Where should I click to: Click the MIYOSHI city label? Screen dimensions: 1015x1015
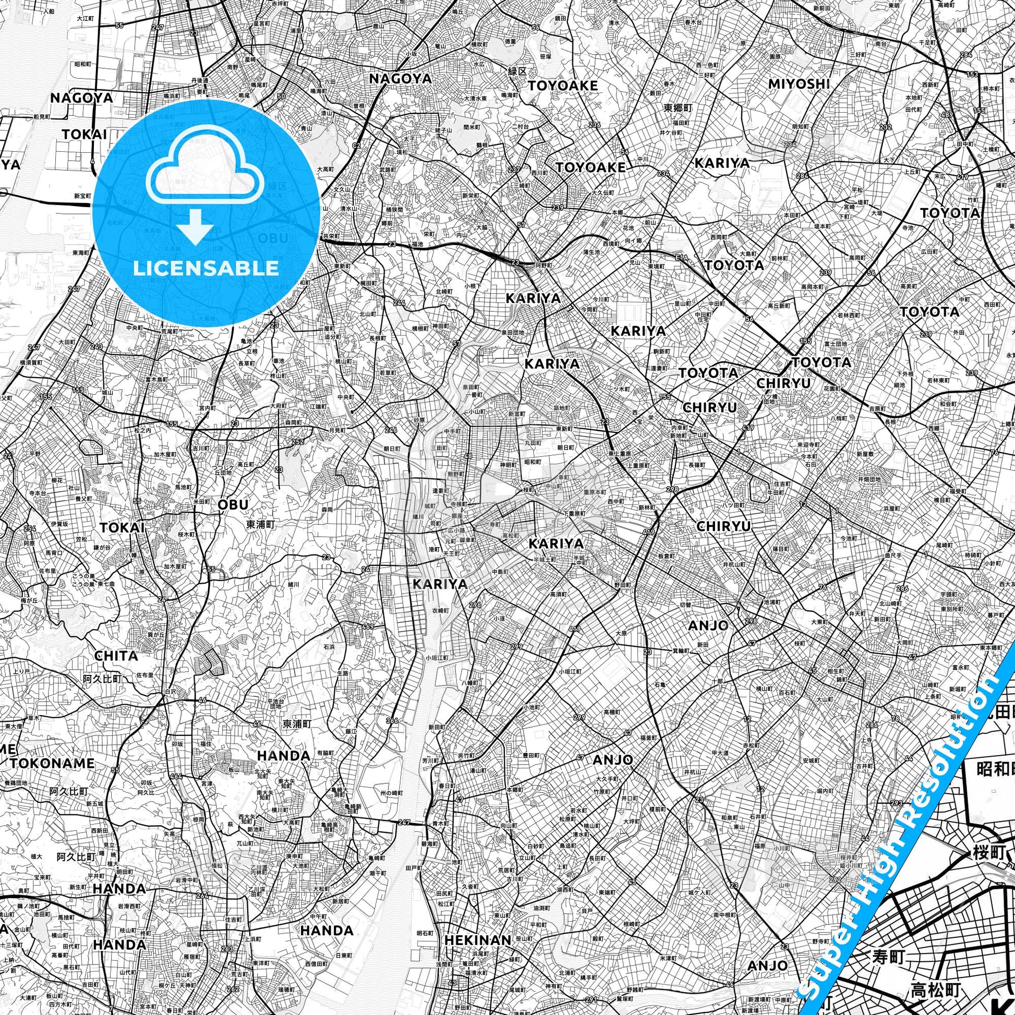pos(799,84)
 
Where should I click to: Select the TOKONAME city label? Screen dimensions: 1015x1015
pos(53,764)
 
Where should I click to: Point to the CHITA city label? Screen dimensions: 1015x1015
pos(116,655)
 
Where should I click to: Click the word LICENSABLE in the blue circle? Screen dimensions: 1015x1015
pos(206,269)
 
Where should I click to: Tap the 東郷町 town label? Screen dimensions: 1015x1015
pos(678,108)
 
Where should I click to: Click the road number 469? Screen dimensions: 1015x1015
pos(368,626)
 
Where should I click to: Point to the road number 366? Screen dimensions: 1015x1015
pos(391,721)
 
